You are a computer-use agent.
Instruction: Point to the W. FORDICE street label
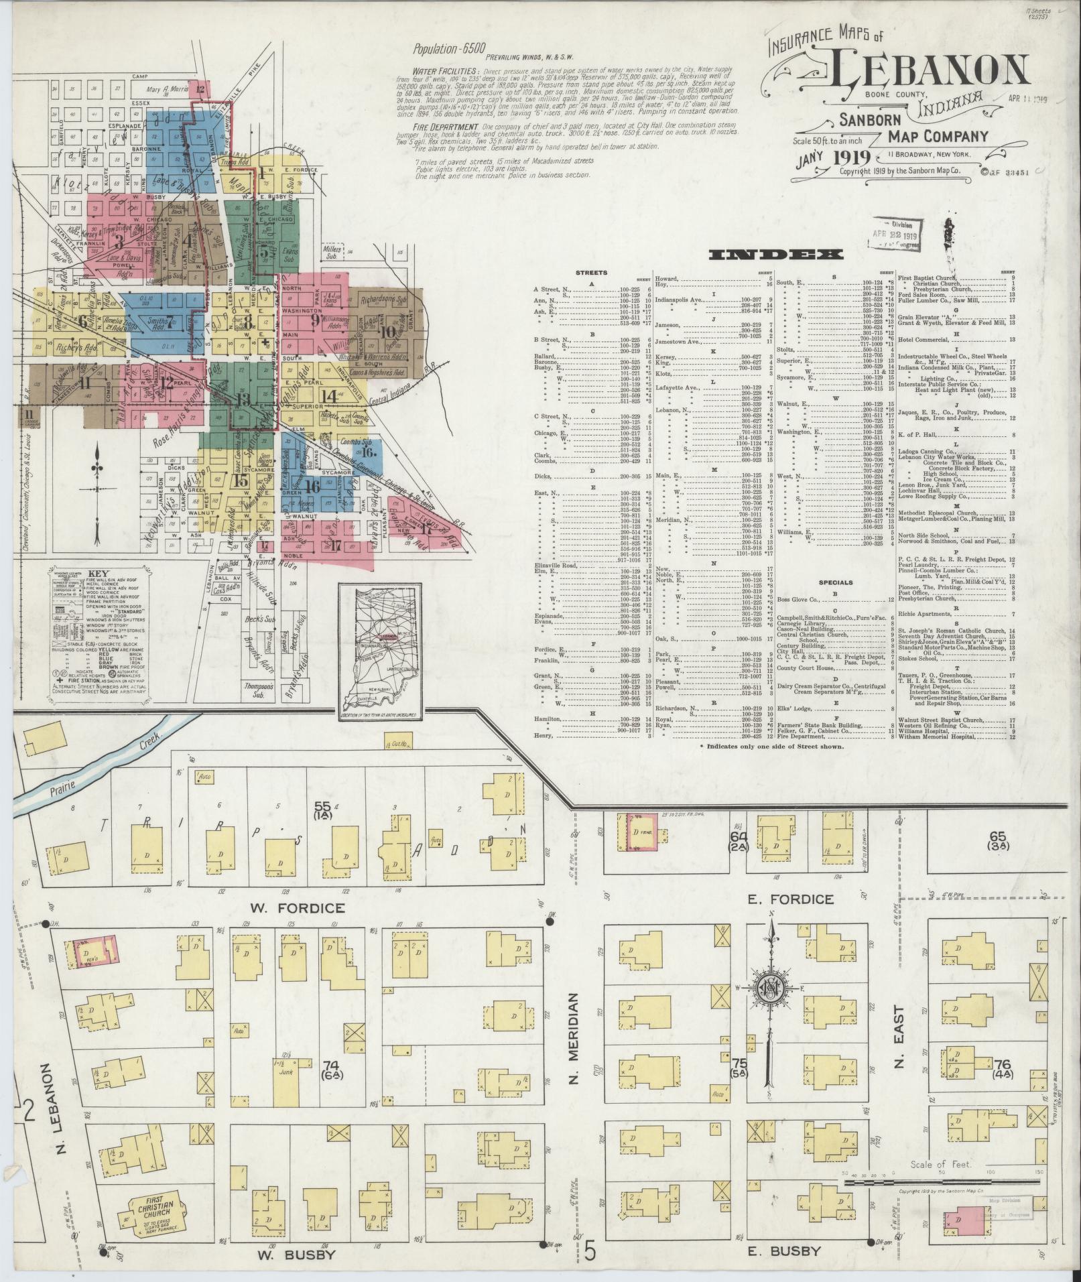(x=298, y=908)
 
